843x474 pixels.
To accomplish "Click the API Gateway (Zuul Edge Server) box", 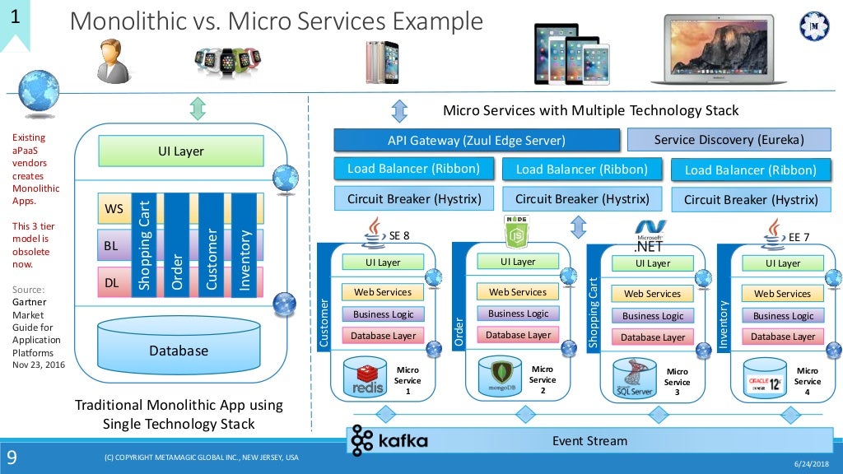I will (x=477, y=140).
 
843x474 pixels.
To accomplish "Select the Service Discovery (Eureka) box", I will (x=729, y=139).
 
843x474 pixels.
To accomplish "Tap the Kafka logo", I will (x=389, y=441).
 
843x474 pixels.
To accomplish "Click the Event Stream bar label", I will (x=589, y=441).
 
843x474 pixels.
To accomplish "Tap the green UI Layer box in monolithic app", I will (x=180, y=151).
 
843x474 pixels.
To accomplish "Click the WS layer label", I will (x=114, y=209).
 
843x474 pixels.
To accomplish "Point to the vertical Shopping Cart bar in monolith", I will (x=144, y=244).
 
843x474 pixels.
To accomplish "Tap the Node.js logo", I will (x=515, y=233).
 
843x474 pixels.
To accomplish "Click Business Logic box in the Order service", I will (x=518, y=314).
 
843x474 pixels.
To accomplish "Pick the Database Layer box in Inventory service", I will (x=782, y=336).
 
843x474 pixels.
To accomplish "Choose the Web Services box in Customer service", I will (x=383, y=292).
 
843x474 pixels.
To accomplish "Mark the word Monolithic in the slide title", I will (x=138, y=21).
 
